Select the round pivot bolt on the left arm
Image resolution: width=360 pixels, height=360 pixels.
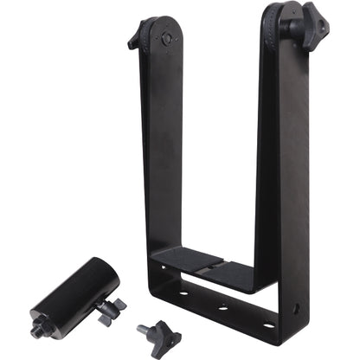point(164,40)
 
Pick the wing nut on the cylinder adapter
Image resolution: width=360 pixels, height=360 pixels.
point(111,309)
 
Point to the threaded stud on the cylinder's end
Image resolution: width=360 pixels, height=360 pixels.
point(39,330)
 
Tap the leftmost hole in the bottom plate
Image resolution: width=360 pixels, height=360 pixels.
point(183,293)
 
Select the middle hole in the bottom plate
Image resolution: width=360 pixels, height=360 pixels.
point(224,307)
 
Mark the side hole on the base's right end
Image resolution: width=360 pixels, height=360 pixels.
point(297,306)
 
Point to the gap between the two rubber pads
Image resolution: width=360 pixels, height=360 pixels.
point(208,264)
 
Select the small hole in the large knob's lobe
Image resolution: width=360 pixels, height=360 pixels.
point(323,16)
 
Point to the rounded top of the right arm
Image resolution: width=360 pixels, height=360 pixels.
point(277,10)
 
